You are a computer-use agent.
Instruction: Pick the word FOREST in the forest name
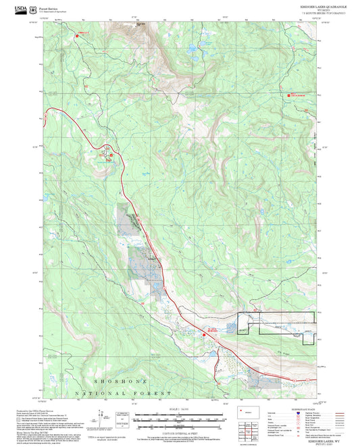coord(156,392)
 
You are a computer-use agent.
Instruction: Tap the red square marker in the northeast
coord(290,95)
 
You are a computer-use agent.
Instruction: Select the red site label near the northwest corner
coord(83,33)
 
